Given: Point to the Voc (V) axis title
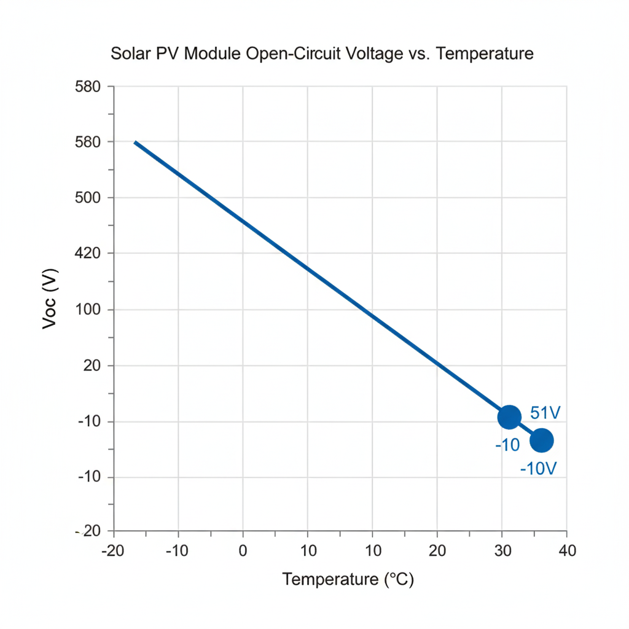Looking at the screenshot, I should (x=50, y=299).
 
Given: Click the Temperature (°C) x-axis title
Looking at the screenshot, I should (x=348, y=579).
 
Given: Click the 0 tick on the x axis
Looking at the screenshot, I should (x=243, y=551).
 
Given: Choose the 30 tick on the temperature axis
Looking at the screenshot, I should (x=502, y=551).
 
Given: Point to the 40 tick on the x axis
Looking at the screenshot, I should (x=568, y=551).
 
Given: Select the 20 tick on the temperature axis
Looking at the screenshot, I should (x=437, y=551).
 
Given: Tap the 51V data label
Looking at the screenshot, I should (x=545, y=413).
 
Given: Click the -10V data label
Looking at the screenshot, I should (x=538, y=469).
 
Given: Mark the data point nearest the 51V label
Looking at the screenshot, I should (x=509, y=417).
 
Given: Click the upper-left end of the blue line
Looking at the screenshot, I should (x=135, y=142).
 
